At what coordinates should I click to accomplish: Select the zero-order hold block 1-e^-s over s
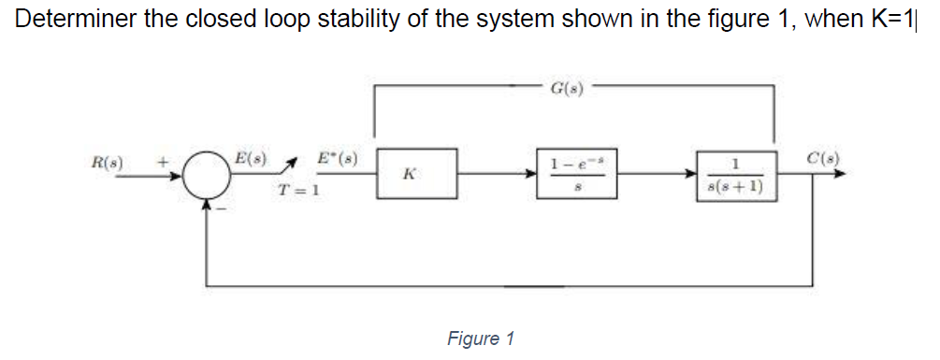pyautogui.click(x=574, y=173)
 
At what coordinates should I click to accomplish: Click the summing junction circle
pyautogui.click(x=208, y=175)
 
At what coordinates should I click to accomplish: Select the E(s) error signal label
pyautogui.click(x=251, y=158)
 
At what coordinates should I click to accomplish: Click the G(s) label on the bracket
pyautogui.click(x=568, y=90)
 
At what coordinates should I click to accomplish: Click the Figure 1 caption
pyautogui.click(x=481, y=338)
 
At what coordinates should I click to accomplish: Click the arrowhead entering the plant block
pyautogui.click(x=689, y=174)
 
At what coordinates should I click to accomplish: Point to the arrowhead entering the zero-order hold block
pyautogui.click(x=530, y=174)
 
